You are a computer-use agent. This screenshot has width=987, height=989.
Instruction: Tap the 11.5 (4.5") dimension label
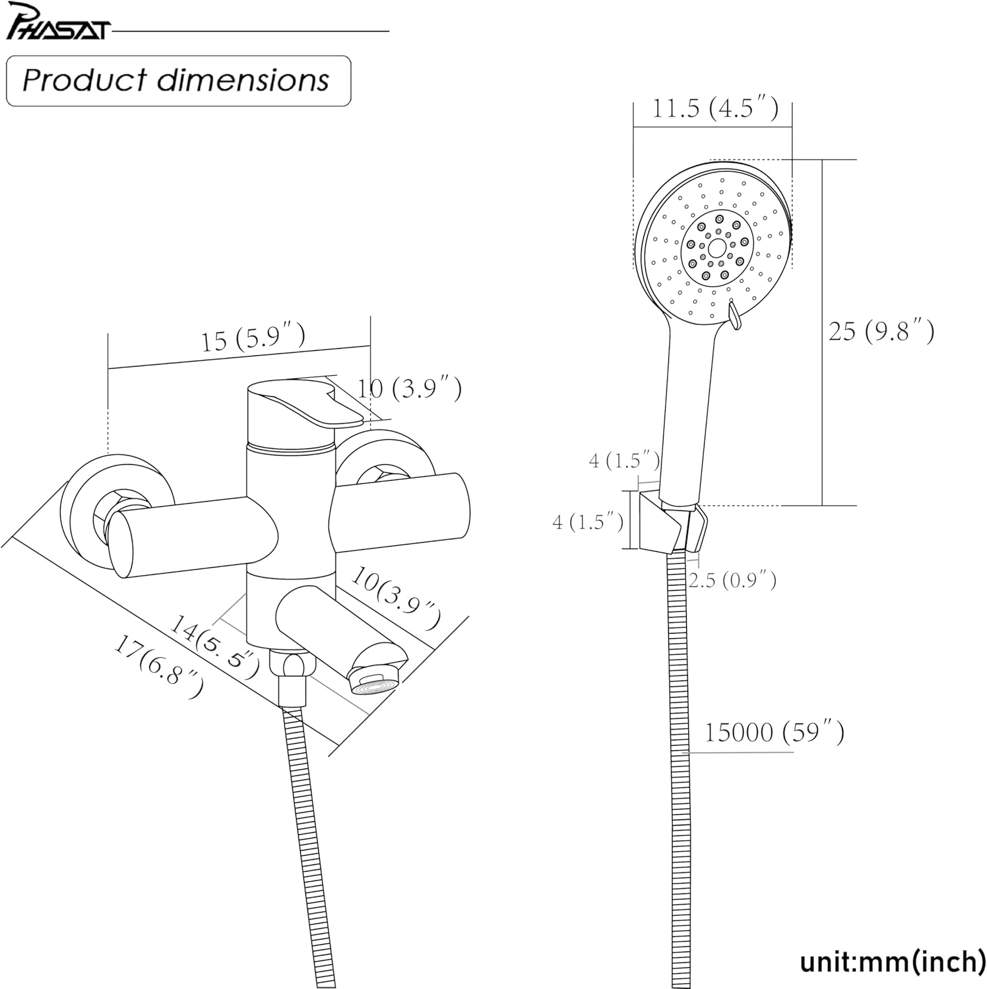[x=715, y=108]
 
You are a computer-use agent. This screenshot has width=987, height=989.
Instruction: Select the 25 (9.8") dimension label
[x=881, y=330]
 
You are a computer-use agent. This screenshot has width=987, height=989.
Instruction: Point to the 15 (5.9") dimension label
[x=253, y=338]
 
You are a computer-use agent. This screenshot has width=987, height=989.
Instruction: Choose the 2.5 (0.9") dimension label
[x=732, y=580]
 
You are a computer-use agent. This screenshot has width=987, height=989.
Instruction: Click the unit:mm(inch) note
[x=893, y=961]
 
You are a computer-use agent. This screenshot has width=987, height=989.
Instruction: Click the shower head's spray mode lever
[x=732, y=314]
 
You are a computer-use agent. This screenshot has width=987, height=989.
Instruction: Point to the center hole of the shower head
[x=715, y=251]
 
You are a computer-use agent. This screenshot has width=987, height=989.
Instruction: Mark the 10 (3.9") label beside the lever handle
[x=409, y=388]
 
